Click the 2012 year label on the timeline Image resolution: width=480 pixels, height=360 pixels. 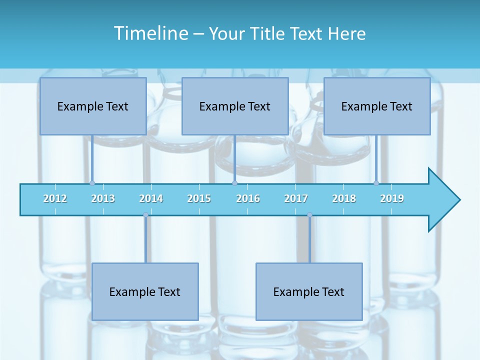[x=55, y=198]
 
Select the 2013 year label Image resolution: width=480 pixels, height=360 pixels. [x=103, y=198]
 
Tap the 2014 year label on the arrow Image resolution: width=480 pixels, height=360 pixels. [x=151, y=198]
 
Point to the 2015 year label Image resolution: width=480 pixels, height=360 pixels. [x=199, y=198]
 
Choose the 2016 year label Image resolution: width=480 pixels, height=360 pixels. [x=248, y=198]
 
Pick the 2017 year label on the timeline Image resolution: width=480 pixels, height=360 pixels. [x=296, y=198]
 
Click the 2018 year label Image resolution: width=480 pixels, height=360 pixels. [x=344, y=198]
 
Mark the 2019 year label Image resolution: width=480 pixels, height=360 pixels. [x=392, y=198]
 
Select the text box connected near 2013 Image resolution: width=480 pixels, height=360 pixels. [x=93, y=106]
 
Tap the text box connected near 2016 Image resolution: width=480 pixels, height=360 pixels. [x=235, y=106]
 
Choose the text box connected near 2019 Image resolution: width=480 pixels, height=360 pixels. [x=377, y=106]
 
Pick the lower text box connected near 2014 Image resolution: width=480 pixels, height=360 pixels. [x=145, y=291]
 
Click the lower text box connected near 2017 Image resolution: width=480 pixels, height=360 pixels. [x=309, y=291]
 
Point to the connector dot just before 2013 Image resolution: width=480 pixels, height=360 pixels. [x=92, y=183]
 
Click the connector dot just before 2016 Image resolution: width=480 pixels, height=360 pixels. [x=234, y=183]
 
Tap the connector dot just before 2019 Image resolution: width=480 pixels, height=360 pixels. [x=376, y=183]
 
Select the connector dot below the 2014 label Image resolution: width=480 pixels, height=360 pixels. [x=145, y=215]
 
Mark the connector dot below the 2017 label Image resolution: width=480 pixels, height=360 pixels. [x=309, y=215]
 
